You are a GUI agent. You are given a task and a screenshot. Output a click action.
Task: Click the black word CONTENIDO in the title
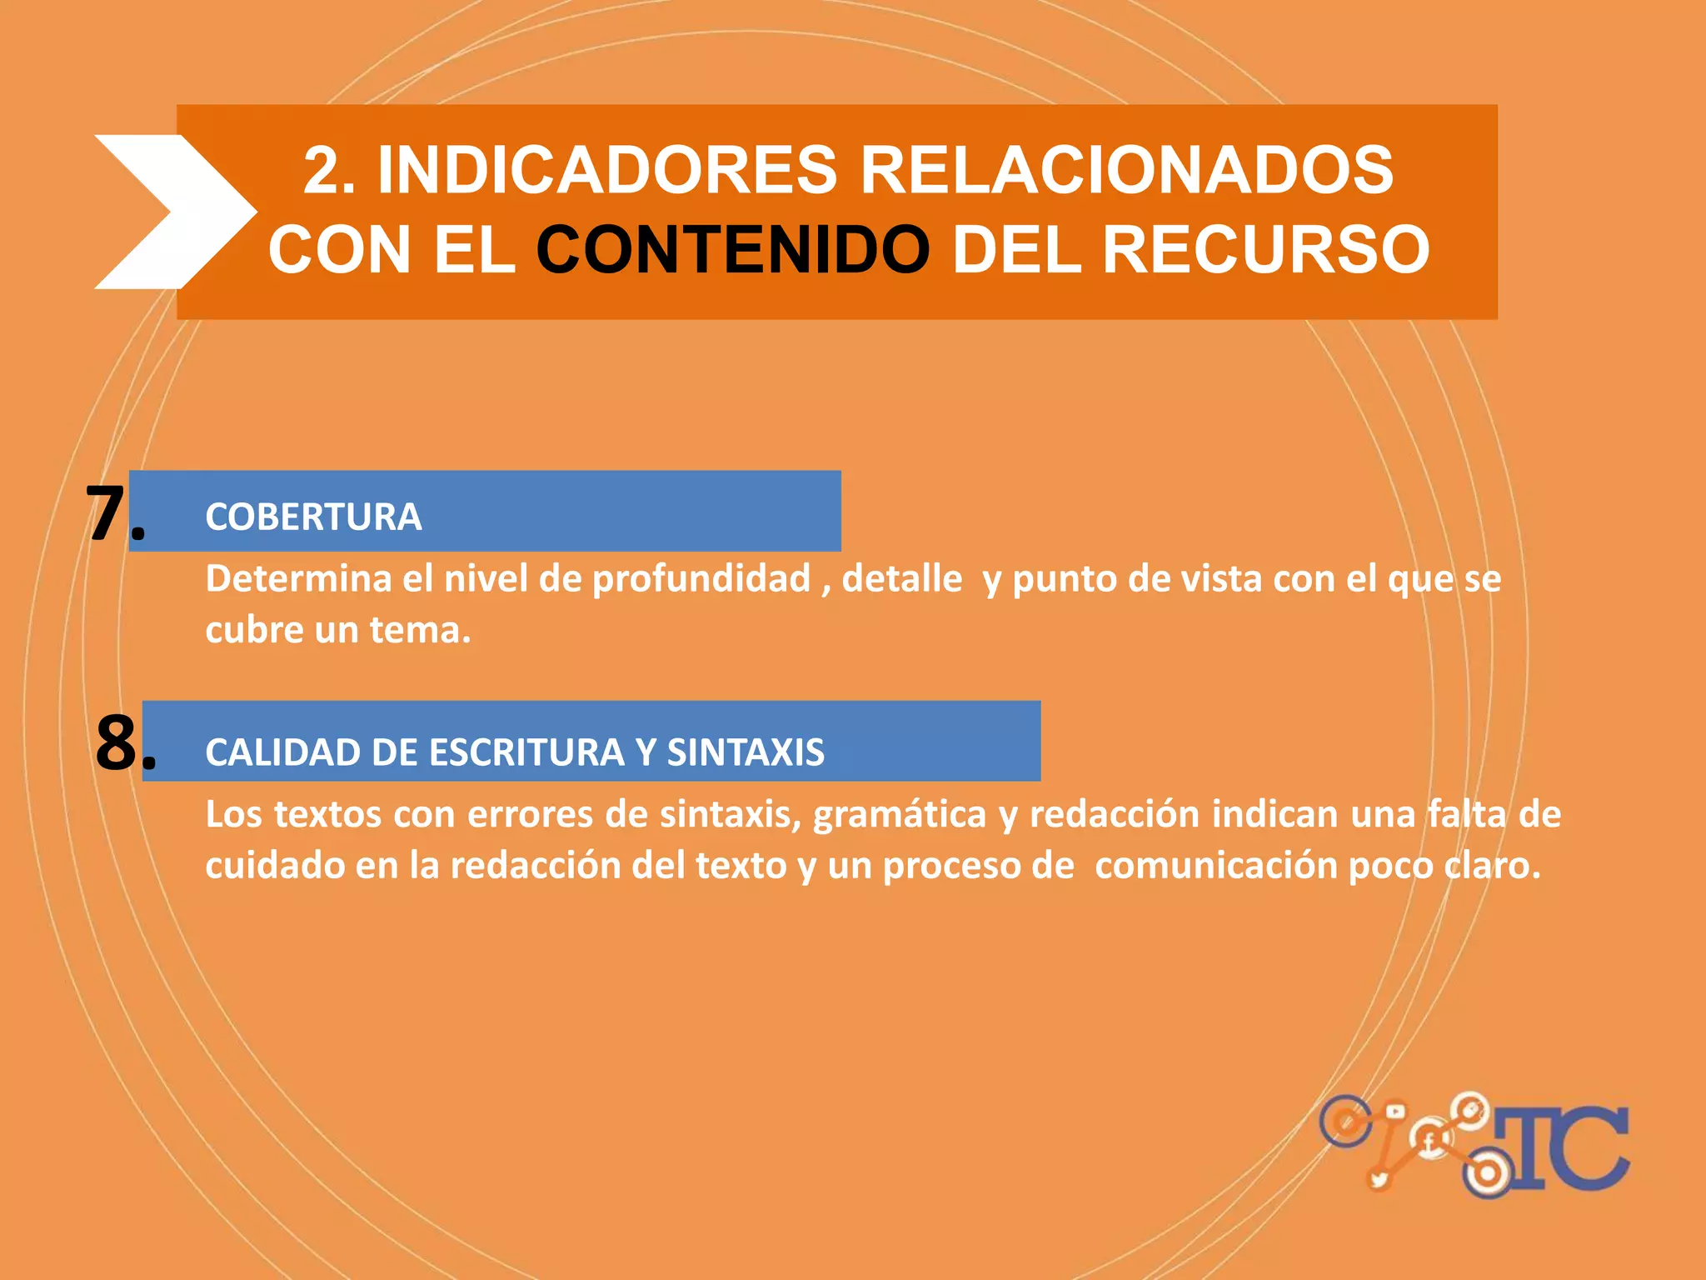[732, 250]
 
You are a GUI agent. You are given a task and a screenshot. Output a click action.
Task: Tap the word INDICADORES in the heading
[606, 170]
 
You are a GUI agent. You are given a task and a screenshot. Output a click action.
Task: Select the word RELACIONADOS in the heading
[1125, 170]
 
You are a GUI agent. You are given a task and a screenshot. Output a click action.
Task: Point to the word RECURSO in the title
[1265, 250]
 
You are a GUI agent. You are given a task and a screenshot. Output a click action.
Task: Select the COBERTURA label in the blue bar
[313, 517]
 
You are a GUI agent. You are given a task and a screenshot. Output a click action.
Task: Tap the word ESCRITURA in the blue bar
[527, 752]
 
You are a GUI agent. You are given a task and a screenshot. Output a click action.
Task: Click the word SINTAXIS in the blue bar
[746, 752]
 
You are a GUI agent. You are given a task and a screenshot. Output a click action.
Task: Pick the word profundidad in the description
[701, 579]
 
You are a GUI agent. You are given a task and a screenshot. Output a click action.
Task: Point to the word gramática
[900, 815]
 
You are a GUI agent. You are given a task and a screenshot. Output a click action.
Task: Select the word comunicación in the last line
[1215, 867]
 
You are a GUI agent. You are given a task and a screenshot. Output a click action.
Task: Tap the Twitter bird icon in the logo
[1379, 1180]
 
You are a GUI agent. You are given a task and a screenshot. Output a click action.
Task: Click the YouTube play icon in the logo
[1394, 1112]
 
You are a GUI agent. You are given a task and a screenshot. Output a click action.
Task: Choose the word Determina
[298, 579]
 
